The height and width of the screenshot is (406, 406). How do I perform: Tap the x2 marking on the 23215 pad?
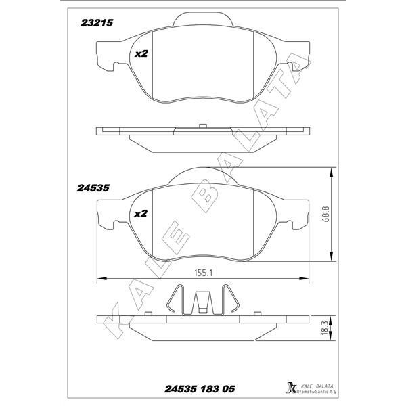click(x=141, y=53)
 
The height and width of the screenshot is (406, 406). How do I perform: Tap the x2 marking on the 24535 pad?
click(x=141, y=214)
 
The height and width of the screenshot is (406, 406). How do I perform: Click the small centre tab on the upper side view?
click(x=203, y=125)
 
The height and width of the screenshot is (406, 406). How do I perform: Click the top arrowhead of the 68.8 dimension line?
click(x=331, y=171)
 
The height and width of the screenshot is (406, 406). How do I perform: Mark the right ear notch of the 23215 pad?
click(x=296, y=65)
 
